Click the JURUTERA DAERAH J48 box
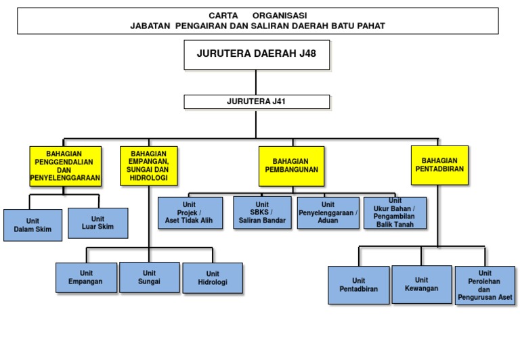tap(257, 54)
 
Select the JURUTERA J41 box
tap(257, 102)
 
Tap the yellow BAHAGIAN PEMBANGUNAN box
tap(291, 166)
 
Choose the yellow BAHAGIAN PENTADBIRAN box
tap(439, 165)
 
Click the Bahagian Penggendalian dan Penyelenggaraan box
tap(65, 166)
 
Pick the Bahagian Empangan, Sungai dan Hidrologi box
tap(148, 166)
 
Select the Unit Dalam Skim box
tap(32, 225)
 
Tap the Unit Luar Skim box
tap(97, 223)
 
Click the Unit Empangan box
tap(85, 277)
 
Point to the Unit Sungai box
tap(149, 277)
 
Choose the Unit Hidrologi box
tap(213, 278)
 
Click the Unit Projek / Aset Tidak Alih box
tap(190, 212)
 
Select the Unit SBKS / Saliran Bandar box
tap(262, 212)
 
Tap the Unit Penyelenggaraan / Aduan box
tap(328, 212)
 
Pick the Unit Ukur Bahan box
tap(395, 212)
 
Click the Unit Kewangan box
tap(421, 284)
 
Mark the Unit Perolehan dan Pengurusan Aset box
tap(485, 285)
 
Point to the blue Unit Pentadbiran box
tap(358, 285)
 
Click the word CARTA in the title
tap(223, 15)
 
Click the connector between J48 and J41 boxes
tap(256, 82)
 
